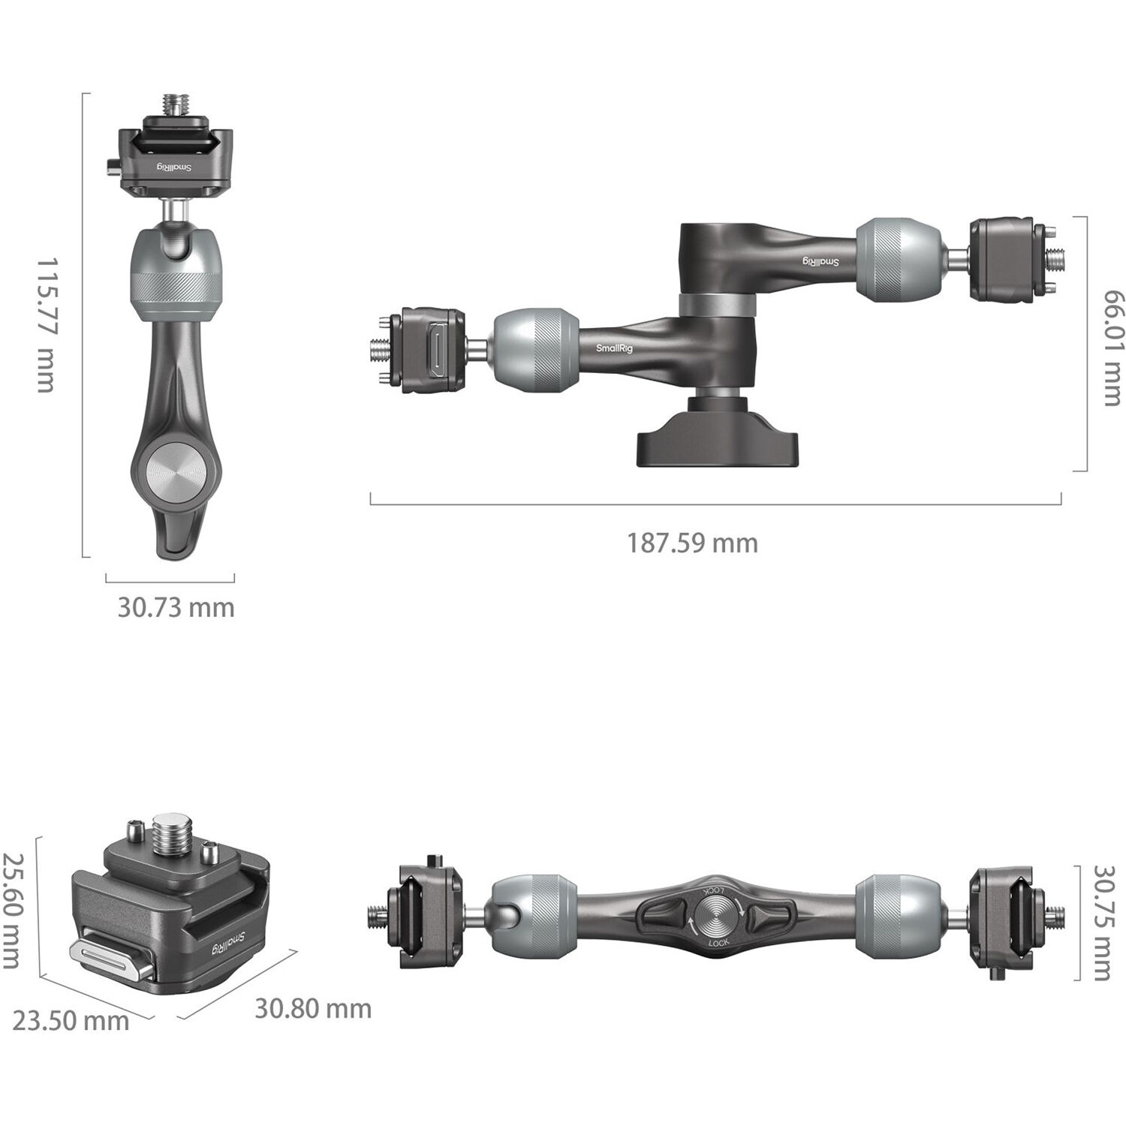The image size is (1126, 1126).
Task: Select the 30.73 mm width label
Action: pos(176,607)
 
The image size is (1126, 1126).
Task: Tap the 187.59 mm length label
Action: pos(692,543)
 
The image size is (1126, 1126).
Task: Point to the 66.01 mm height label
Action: pos(1112,348)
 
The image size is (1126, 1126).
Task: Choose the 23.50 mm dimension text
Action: pos(71,1021)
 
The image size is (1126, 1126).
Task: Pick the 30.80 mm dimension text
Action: pos(313,1008)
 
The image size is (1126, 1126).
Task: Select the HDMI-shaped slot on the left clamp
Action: pos(435,351)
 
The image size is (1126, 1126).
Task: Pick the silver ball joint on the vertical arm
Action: pos(176,275)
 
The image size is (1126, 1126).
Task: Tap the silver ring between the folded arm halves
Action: pos(716,306)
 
